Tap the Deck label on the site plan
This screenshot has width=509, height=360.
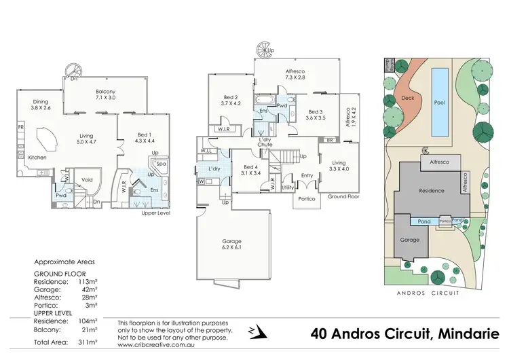(407, 98)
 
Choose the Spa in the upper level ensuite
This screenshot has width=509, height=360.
(162, 164)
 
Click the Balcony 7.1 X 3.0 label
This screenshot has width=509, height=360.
(106, 94)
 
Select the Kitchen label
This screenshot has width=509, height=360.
(37, 158)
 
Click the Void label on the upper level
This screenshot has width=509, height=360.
(87, 180)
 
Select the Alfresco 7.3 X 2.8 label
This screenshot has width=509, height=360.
(296, 74)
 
